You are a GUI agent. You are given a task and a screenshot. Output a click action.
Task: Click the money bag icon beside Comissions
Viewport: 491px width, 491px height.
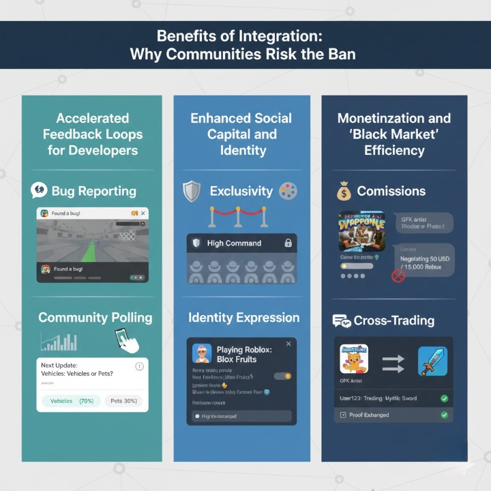click(x=344, y=192)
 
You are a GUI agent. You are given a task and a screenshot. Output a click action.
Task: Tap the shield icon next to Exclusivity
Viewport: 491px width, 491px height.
click(x=192, y=192)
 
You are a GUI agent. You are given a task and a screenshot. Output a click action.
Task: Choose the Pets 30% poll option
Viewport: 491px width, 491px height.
click(x=123, y=401)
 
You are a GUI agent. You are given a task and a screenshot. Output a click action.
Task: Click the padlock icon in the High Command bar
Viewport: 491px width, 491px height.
click(x=288, y=243)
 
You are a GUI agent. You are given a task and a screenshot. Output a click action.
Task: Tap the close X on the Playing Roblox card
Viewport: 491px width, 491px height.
click(x=288, y=344)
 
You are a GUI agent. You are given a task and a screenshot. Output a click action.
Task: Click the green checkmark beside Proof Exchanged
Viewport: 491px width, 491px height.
click(x=445, y=415)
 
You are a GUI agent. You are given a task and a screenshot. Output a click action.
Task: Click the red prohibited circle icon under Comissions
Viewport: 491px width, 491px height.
click(x=398, y=276)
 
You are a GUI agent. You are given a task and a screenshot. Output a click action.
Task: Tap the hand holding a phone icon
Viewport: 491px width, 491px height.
click(x=128, y=339)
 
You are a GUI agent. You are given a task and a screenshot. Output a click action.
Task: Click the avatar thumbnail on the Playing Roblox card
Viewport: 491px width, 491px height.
click(x=202, y=353)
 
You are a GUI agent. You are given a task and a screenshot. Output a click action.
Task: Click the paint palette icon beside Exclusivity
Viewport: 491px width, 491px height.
click(x=288, y=191)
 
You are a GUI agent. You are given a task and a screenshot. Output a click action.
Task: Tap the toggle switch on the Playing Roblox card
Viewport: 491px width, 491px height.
click(x=282, y=376)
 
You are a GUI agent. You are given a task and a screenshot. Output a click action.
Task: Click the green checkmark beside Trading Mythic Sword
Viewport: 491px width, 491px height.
click(x=445, y=398)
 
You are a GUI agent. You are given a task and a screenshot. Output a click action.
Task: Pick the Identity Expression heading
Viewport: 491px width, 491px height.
click(x=243, y=318)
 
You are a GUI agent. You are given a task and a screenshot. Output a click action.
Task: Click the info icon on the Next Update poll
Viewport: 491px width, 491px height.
click(x=140, y=366)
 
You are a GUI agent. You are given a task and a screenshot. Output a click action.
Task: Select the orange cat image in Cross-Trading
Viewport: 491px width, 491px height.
click(x=354, y=359)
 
